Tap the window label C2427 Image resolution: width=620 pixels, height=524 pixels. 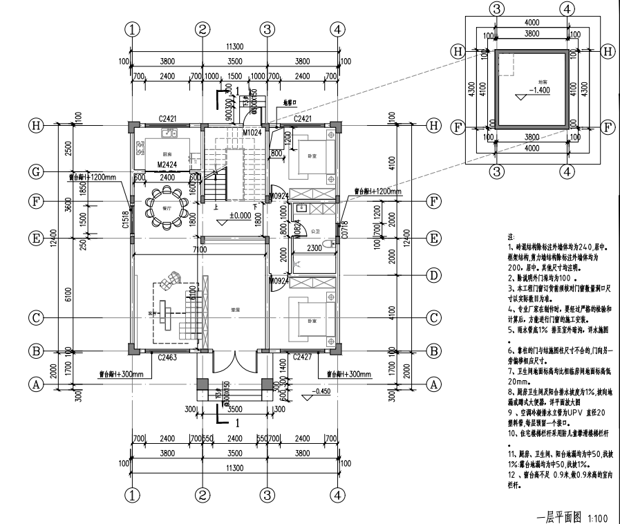(x=301, y=357)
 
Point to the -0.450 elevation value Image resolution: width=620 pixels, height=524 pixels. (x=322, y=391)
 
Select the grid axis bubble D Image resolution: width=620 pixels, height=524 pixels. (x=434, y=275)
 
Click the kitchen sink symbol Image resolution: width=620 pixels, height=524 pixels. (x=167, y=132)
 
